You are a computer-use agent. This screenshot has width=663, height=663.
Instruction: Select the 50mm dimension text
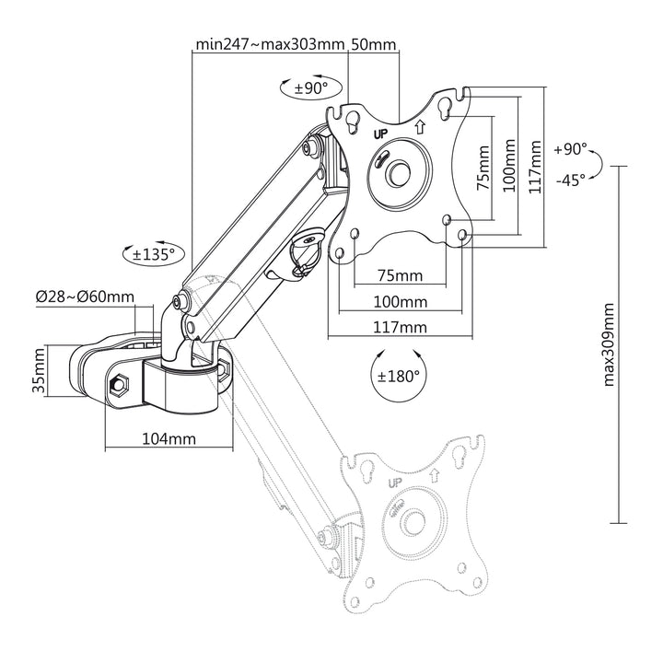374,43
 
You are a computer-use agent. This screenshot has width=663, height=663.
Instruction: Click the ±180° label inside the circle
398,376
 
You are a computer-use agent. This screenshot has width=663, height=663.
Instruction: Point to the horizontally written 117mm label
400,327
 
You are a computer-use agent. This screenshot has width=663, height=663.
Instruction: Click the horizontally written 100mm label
400,302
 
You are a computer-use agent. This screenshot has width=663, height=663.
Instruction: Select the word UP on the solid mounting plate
380,134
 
